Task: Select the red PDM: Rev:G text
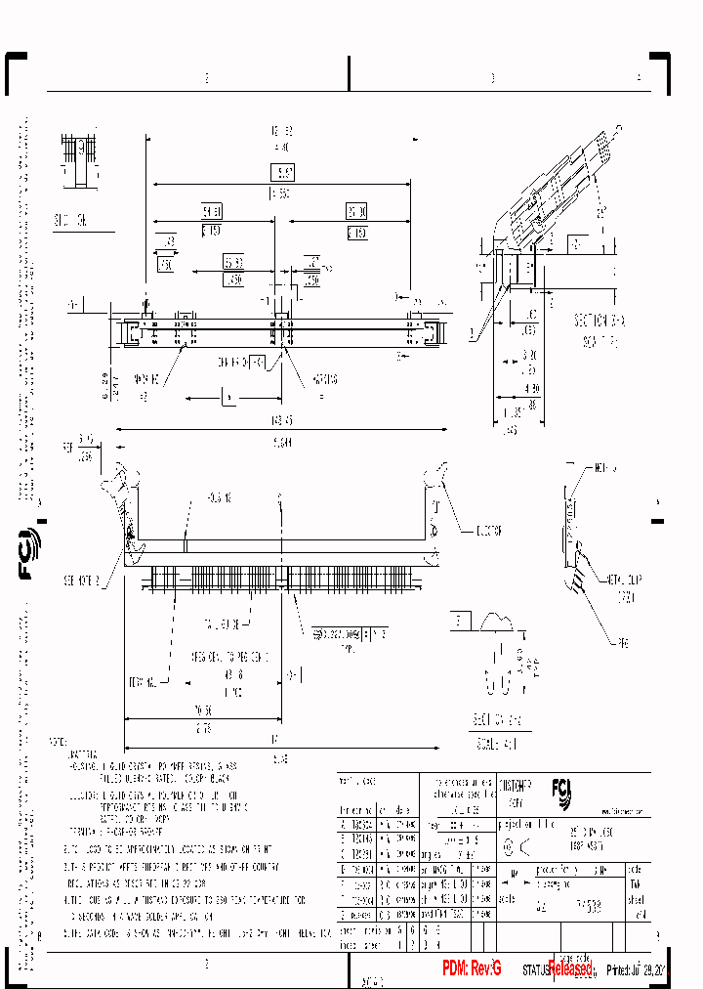471,967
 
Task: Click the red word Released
570,967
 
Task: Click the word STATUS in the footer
536,970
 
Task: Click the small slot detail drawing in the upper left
82,161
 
